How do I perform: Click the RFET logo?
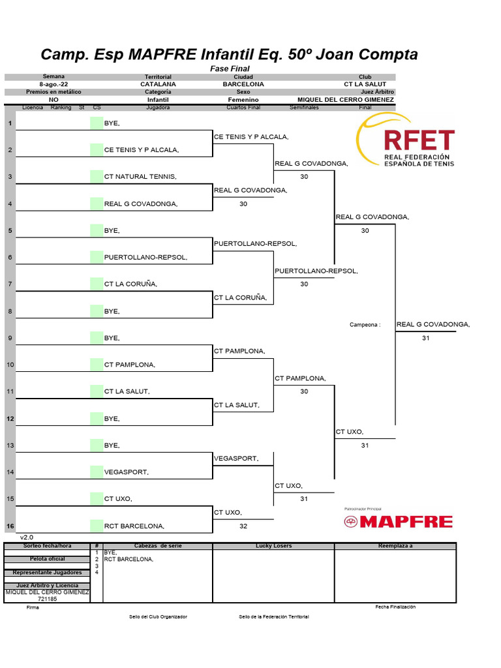click(x=405, y=142)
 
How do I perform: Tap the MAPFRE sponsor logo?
click(x=398, y=521)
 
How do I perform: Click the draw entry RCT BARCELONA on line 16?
click(x=134, y=526)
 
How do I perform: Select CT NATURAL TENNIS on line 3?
click(x=140, y=177)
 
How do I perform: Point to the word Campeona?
click(x=365, y=325)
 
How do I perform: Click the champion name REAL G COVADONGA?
click(x=433, y=324)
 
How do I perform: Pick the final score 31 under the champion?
click(x=426, y=338)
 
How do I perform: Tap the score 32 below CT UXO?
click(x=243, y=526)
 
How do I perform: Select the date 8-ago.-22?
click(x=53, y=84)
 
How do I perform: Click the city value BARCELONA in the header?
click(x=243, y=84)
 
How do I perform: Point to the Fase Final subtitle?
click(x=230, y=68)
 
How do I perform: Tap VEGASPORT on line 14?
click(x=127, y=472)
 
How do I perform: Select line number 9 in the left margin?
click(x=10, y=338)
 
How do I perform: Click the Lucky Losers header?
click(x=273, y=545)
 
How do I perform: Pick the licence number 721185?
click(x=48, y=598)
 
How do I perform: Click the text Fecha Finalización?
click(x=395, y=607)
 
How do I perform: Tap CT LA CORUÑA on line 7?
click(x=130, y=284)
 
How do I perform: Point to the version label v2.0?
click(x=26, y=538)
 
